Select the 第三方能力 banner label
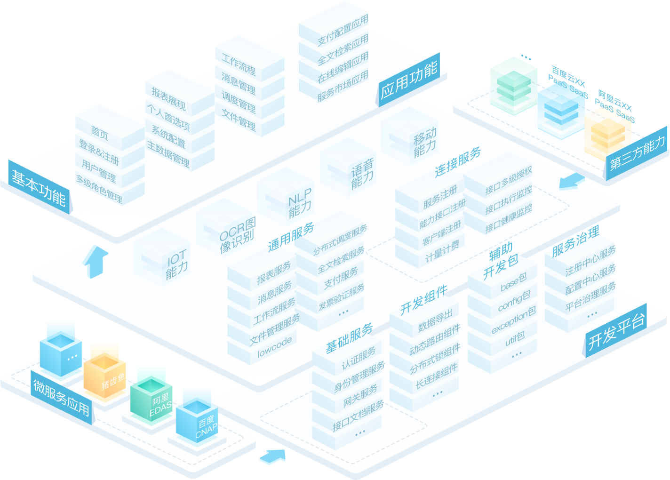tap(638, 153)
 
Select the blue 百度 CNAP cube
tap(197, 422)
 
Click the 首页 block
tap(100, 132)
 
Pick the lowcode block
tap(274, 346)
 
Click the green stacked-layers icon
tap(513, 85)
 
